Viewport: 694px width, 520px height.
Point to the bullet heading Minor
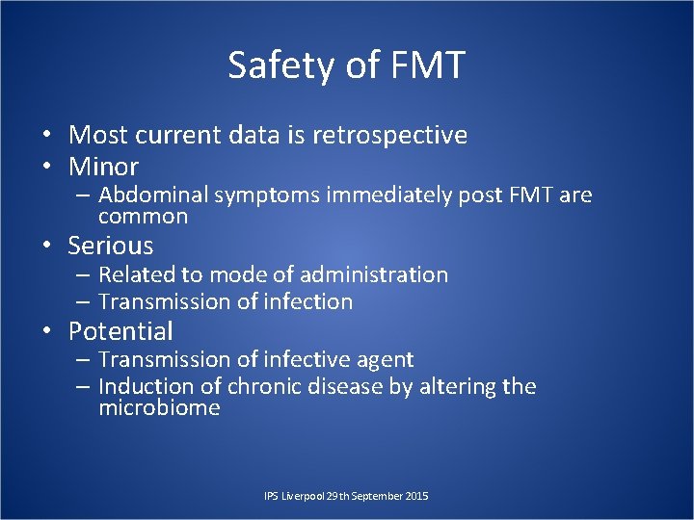pyautogui.click(x=103, y=166)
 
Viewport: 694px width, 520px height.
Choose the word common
pyautogui.click(x=143, y=217)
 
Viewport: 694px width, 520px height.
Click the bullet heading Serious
pyautogui.click(x=111, y=246)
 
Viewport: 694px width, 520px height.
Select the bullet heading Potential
pyautogui.click(x=120, y=331)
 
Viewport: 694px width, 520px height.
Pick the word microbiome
pyautogui.click(x=159, y=407)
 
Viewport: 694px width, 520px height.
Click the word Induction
pyautogui.click(x=144, y=387)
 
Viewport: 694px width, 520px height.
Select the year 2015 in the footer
pyautogui.click(x=416, y=496)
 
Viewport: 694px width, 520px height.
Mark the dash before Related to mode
pyautogui.click(x=83, y=275)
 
